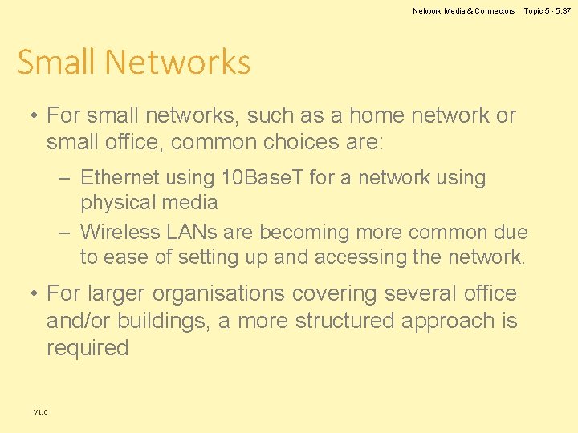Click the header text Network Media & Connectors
pos(464,11)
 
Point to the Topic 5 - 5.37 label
pos(547,11)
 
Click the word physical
pos(119,202)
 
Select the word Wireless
pos(121,233)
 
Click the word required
pos(88,348)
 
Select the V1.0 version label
pos(40,412)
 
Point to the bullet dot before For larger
pos(35,294)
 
